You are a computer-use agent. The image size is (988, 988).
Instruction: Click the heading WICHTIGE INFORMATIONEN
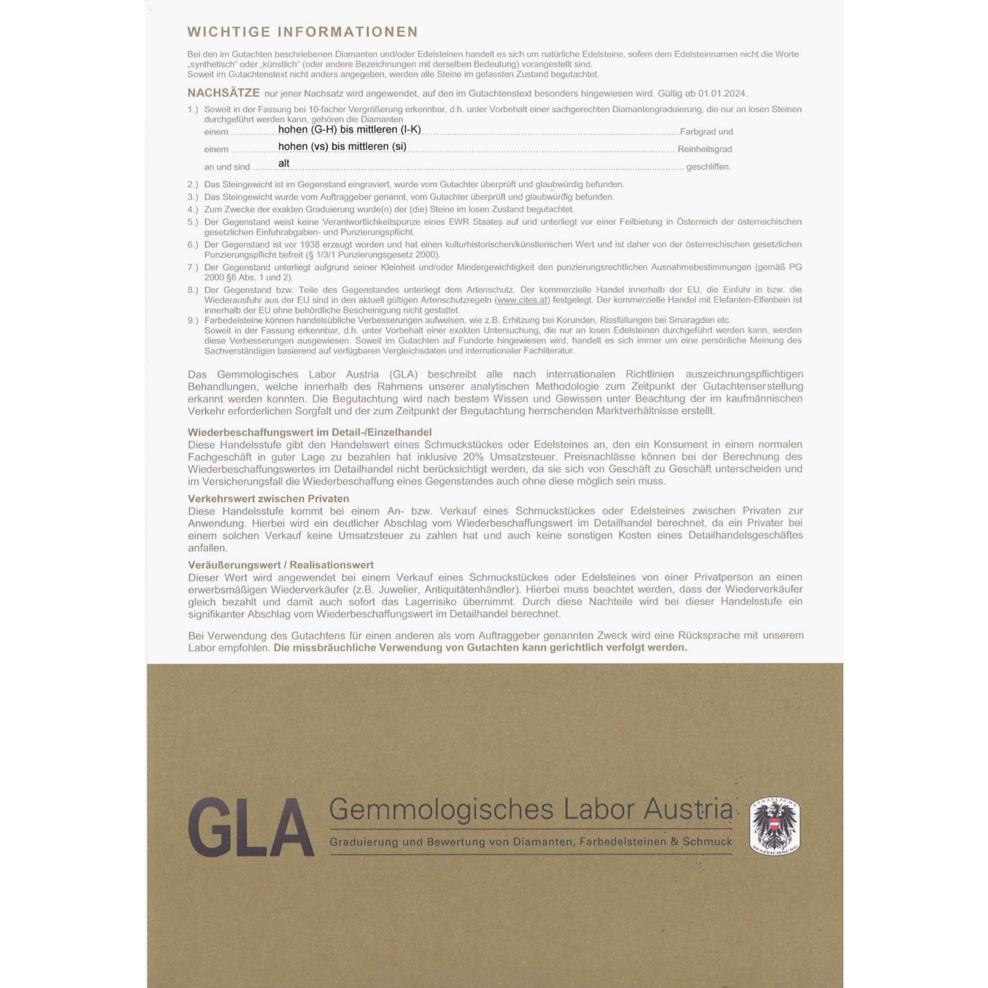[303, 32]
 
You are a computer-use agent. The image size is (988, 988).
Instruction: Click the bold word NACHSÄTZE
[223, 93]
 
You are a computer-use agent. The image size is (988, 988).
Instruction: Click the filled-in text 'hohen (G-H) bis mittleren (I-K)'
[349, 129]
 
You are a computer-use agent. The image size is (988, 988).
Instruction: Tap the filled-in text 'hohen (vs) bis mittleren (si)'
[342, 146]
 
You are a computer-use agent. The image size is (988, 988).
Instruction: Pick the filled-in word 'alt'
[284, 163]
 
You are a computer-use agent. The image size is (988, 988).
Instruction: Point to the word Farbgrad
[695, 131]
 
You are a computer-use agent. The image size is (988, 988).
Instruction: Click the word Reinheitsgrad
[704, 149]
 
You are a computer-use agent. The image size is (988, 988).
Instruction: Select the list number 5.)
[193, 222]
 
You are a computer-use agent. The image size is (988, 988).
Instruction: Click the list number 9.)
[193, 320]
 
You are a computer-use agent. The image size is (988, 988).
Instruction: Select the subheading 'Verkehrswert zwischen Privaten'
[268, 498]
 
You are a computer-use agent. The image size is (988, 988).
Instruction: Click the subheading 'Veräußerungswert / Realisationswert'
[281, 565]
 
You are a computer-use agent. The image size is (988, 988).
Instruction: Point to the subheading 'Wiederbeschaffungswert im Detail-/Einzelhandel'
[309, 432]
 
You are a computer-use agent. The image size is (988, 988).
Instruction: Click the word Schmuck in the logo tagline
[712, 841]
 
